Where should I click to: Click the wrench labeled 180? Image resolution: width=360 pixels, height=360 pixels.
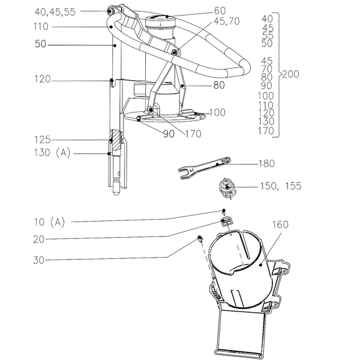point(204,168)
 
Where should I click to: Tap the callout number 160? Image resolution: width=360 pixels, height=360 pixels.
point(281,225)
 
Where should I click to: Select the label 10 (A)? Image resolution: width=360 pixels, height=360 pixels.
point(50,222)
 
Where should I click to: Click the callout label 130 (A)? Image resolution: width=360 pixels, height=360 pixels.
point(52,153)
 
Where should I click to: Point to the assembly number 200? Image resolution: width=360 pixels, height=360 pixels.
point(290,74)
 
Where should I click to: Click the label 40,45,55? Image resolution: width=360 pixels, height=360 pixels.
point(55,12)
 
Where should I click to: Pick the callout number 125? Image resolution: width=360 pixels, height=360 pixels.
point(42,140)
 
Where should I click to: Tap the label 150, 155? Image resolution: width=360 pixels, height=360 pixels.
point(281,186)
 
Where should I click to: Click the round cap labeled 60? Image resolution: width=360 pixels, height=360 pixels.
point(160,21)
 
